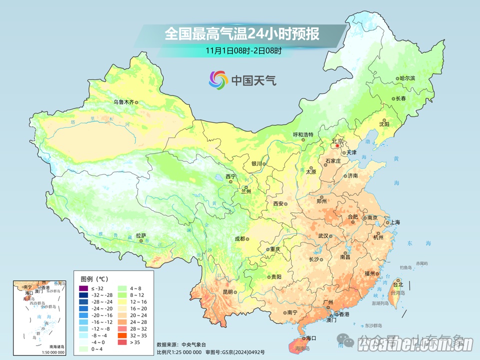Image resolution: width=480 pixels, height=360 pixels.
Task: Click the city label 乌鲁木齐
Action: pyautogui.click(x=123, y=102)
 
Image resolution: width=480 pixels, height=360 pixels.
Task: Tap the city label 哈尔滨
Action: pyautogui.click(x=407, y=78)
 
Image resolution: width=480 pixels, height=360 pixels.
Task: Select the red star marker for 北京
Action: pyautogui.click(x=337, y=146)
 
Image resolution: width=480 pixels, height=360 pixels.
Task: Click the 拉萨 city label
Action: pyautogui.click(x=141, y=235)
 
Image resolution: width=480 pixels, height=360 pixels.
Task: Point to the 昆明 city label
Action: pyautogui.click(x=228, y=291)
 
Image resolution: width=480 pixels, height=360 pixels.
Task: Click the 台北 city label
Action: pyautogui.click(x=398, y=285)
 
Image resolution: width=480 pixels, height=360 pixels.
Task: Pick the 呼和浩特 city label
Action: pyautogui.click(x=302, y=135)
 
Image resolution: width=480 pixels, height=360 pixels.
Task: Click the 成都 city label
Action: pyautogui.click(x=239, y=238)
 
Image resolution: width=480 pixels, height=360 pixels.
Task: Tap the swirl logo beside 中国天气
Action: pyautogui.click(x=218, y=79)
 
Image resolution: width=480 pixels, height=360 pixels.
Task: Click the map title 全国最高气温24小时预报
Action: pyautogui.click(x=242, y=34)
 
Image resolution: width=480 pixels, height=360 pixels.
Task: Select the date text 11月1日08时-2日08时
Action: pyautogui.click(x=243, y=50)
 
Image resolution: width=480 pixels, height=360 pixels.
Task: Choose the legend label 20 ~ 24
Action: pyautogui.click(x=138, y=315)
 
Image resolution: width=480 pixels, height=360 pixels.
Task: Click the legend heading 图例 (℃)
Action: pyautogui.click(x=94, y=278)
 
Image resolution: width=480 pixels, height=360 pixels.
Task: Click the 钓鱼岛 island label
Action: pyautogui.click(x=405, y=268)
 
